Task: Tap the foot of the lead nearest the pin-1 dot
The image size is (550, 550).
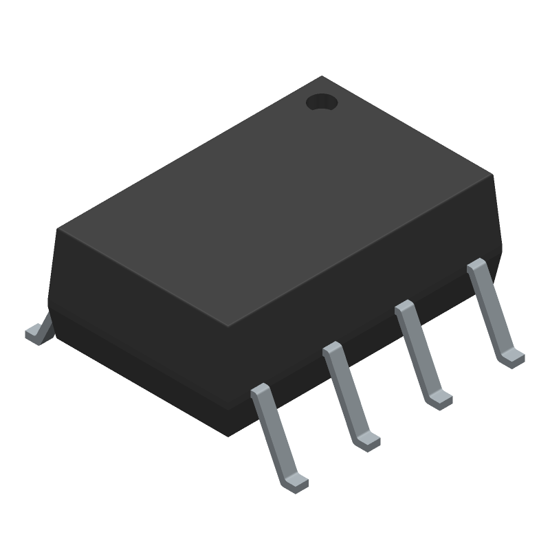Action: [x=513, y=358]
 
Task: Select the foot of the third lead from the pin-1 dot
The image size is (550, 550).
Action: [x=367, y=441]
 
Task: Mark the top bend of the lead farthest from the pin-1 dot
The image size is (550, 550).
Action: [x=261, y=391]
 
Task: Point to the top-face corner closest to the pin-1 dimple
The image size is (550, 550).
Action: [x=322, y=77]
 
